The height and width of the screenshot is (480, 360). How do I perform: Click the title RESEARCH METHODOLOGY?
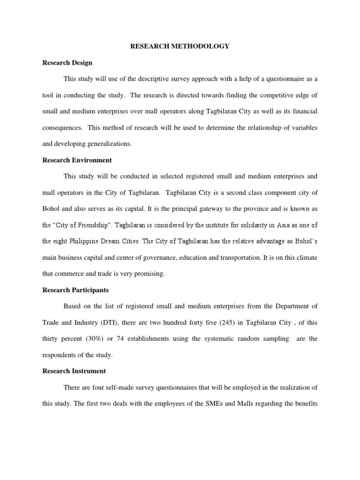180,46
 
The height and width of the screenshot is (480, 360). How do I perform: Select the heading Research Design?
67,62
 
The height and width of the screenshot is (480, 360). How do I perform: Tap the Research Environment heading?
77,160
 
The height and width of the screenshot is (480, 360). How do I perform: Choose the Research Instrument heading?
74,371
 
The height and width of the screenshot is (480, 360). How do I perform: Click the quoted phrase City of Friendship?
82,225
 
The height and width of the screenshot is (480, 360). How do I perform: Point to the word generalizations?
107,144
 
